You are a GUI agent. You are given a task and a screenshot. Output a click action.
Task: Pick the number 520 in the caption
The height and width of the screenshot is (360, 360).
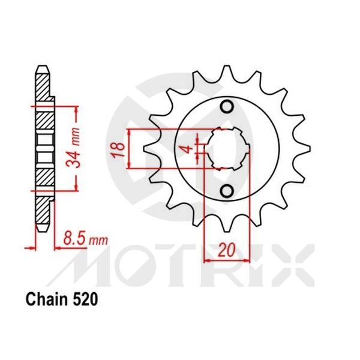[81, 298]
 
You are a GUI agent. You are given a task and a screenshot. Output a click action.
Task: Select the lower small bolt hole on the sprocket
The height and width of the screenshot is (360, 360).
[227, 191]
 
